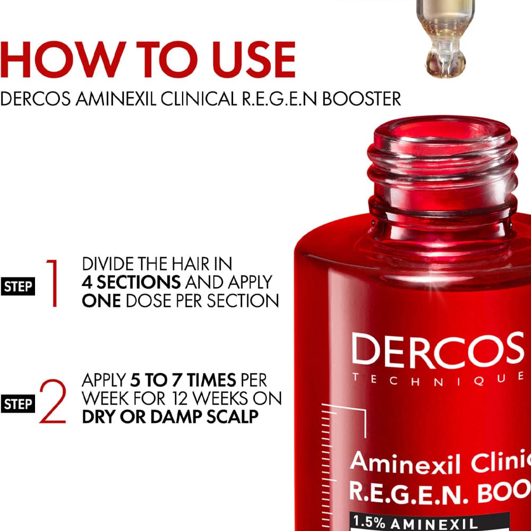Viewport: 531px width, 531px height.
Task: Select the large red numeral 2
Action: (x=53, y=402)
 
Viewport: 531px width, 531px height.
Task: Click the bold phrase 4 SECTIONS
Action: (x=131, y=282)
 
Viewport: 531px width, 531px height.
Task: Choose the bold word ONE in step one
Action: (x=101, y=300)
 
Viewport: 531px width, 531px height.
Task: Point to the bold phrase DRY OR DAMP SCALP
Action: (x=170, y=416)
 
